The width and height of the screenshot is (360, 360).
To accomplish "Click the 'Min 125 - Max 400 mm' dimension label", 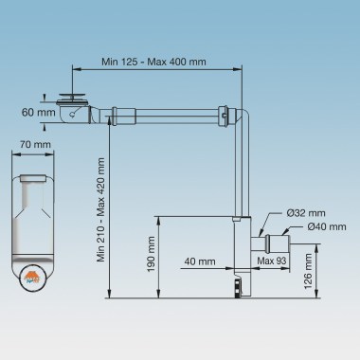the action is tap(153, 62).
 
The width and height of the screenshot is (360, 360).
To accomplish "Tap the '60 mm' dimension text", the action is tap(38, 112).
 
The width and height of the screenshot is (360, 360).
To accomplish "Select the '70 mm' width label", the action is tap(35, 144).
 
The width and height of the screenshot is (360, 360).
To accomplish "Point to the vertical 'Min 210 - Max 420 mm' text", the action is tap(100, 210).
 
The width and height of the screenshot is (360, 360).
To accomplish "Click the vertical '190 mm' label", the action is tap(151, 254).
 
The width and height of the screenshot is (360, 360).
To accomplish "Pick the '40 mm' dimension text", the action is tap(200, 261).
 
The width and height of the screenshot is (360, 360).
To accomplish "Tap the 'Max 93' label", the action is tap(271, 261).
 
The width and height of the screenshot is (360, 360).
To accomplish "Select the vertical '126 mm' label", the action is tap(308, 271).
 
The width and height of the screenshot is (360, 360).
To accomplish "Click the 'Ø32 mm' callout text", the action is tap(306, 213).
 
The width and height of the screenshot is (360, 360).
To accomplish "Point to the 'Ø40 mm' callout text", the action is tap(327, 226).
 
